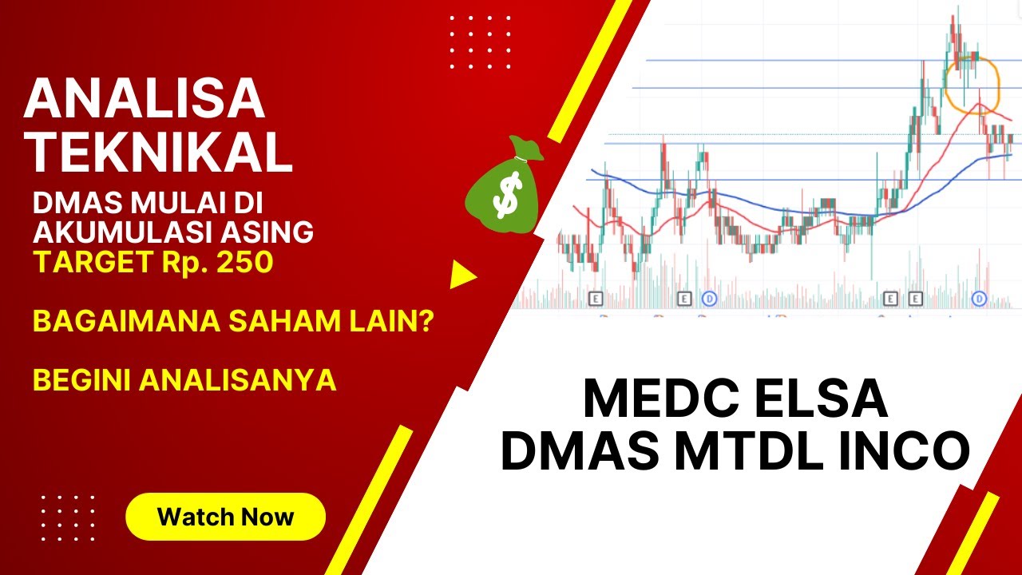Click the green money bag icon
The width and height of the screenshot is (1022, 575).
(x=505, y=189)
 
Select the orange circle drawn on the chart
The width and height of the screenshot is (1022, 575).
(x=972, y=83)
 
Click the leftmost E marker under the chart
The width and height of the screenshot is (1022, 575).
(x=595, y=299)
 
